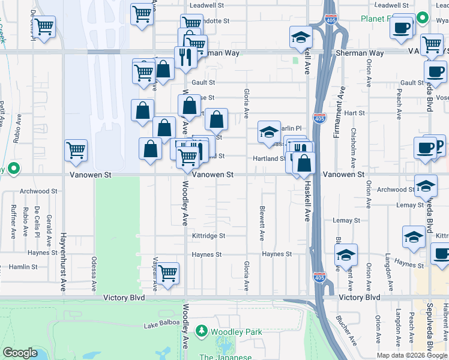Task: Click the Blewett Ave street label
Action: [x=262, y=224]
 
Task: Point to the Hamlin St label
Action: [x=23, y=266]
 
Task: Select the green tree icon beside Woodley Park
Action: [x=202, y=331]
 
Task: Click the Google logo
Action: [x=20, y=353]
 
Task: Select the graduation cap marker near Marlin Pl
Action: [x=269, y=131]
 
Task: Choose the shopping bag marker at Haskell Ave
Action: [x=304, y=162]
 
